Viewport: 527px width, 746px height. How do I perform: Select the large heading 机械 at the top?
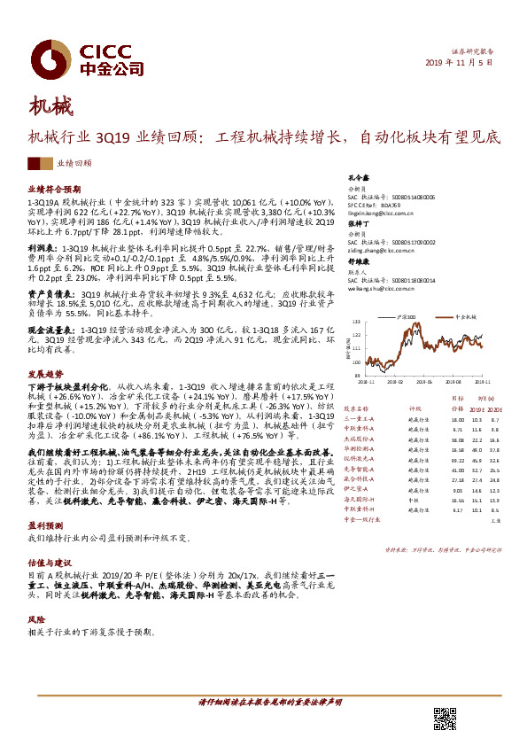click(49, 109)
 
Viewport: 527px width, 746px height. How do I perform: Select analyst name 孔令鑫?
click(357, 178)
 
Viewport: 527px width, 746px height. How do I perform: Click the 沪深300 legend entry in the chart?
click(407, 315)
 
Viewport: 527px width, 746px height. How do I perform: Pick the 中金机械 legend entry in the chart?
click(466, 315)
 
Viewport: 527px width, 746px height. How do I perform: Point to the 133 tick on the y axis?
click(355, 322)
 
